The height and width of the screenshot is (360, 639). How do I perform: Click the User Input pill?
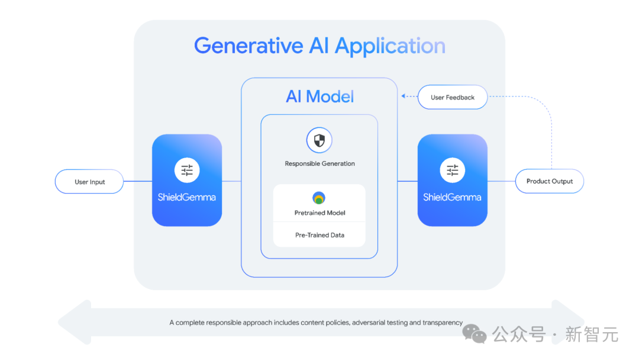pyautogui.click(x=89, y=181)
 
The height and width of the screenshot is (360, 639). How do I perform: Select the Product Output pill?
pyautogui.click(x=549, y=181)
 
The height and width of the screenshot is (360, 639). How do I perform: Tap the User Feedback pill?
pyautogui.click(x=453, y=97)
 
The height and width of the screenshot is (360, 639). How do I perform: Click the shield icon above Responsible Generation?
pyautogui.click(x=319, y=140)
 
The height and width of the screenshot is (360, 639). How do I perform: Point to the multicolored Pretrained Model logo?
pyautogui.click(x=319, y=198)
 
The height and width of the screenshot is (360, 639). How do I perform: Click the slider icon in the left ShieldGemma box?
pyautogui.click(x=187, y=170)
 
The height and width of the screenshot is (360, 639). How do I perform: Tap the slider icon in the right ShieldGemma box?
pyautogui.click(x=453, y=170)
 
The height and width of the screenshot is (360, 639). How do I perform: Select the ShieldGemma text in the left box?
pyautogui.click(x=186, y=197)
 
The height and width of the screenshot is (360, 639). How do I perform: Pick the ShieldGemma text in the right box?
pyautogui.click(x=452, y=197)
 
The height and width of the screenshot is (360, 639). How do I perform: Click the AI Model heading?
pyautogui.click(x=320, y=97)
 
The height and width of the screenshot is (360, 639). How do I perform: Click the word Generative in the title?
pyautogui.click(x=248, y=46)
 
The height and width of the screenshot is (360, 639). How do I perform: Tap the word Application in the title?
pyautogui.click(x=390, y=46)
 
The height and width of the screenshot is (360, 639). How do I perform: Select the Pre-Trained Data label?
pyautogui.click(x=319, y=235)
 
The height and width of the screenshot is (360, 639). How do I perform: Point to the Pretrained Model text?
pyautogui.click(x=319, y=213)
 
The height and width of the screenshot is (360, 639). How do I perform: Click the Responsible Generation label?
pyautogui.click(x=319, y=163)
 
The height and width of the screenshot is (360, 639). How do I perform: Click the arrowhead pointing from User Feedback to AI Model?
pyautogui.click(x=403, y=97)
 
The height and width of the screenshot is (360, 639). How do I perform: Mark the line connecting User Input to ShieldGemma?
pyautogui.click(x=138, y=181)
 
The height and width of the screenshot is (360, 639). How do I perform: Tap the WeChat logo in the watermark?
pyautogui.click(x=475, y=334)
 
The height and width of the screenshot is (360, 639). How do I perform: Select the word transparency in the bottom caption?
pyautogui.click(x=443, y=323)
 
